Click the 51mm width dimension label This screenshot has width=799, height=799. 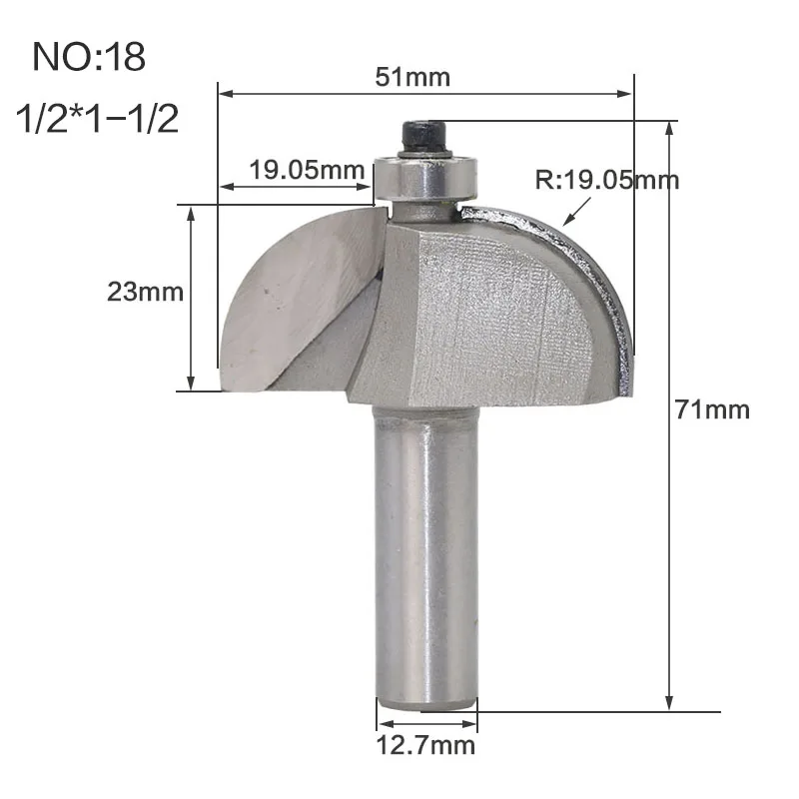click(x=412, y=78)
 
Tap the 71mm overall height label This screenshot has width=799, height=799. click(x=712, y=409)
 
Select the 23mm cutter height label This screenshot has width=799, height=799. click(x=145, y=292)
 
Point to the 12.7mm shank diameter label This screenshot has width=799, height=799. click(x=425, y=745)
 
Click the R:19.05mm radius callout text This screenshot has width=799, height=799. click(x=607, y=180)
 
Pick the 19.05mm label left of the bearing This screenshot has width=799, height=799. click(x=307, y=170)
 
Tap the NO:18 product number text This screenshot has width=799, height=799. click(x=89, y=57)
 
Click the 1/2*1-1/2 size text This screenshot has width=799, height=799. click(x=97, y=119)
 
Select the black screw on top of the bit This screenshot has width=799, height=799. click(x=423, y=137)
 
